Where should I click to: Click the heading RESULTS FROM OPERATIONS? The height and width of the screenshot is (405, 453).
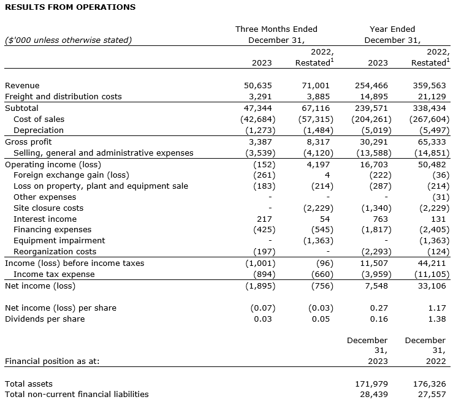69,7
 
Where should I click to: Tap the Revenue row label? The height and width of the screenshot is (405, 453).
22,86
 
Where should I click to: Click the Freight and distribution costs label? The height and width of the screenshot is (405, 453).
63,97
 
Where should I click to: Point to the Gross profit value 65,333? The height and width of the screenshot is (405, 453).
432,142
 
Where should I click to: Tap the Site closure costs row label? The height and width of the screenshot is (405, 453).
48,208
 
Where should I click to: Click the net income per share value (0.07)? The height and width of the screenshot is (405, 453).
263,308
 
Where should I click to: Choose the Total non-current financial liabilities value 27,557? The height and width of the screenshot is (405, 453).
432,395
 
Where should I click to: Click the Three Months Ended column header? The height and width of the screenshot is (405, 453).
276,29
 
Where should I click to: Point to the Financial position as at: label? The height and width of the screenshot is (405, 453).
52,361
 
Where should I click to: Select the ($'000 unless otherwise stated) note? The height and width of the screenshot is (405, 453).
68,40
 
